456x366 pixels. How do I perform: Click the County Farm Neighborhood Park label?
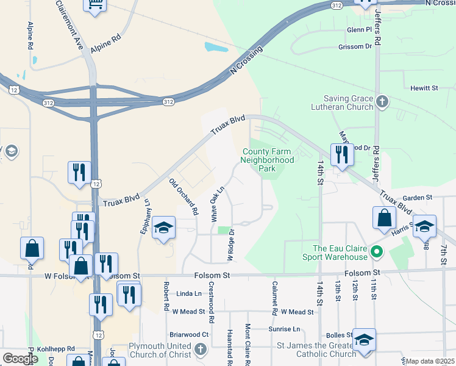click(268, 160)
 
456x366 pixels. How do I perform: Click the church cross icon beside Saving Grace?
click(382, 101)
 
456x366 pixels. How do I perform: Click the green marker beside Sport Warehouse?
click(377, 251)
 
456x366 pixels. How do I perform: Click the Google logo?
click(20, 359)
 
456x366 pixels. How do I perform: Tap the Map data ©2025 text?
click(430, 361)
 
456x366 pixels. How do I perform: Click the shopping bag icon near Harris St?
click(385, 218)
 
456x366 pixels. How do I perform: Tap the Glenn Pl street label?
click(359, 29)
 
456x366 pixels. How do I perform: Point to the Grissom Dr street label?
click(355, 46)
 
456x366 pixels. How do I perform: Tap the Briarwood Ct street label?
click(189, 334)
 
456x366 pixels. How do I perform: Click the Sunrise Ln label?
click(285, 329)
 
